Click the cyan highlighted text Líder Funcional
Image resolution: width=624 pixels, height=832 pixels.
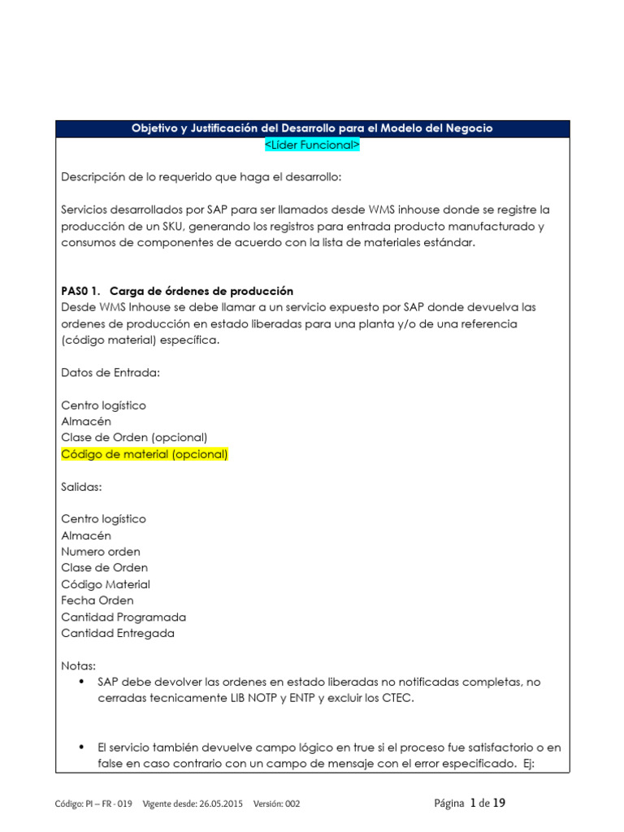point(312,144)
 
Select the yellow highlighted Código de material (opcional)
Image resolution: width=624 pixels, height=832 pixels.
point(145,454)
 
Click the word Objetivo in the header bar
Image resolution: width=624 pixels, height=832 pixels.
point(158,128)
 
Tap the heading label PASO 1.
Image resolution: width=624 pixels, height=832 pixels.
point(80,291)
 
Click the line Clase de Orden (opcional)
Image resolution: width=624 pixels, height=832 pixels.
point(134,437)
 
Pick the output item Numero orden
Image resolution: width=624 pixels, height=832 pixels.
point(100,552)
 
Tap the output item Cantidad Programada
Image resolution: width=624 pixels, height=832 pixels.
point(123,617)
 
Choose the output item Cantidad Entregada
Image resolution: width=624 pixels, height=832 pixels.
point(118,633)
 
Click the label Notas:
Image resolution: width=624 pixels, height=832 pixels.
point(78,665)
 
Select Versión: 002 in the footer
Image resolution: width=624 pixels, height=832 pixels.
point(276,804)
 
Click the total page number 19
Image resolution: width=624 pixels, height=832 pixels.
point(499,803)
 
